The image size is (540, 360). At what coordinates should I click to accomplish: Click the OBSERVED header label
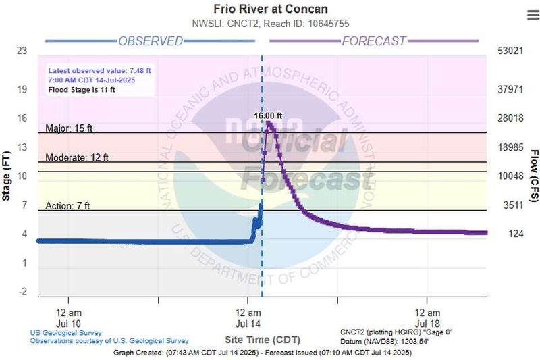tap(151, 41)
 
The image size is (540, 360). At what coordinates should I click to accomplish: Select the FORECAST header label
tap(374, 41)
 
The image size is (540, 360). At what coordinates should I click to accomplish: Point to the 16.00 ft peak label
tap(268, 115)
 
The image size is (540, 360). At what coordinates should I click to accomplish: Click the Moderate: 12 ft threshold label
tap(76, 157)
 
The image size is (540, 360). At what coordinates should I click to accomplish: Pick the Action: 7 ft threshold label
tap(67, 206)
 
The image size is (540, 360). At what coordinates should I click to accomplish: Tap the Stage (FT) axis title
tap(7, 176)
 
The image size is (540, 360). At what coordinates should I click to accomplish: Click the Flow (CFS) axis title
tap(534, 176)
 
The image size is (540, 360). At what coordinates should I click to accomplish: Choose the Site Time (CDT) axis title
tap(262, 338)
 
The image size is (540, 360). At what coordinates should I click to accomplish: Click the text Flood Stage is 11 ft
tap(86, 89)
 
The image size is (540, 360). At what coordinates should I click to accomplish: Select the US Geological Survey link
tap(65, 332)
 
